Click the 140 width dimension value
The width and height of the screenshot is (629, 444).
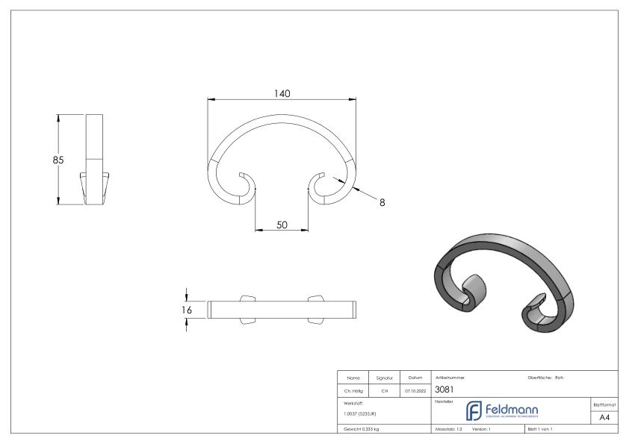tap(281, 93)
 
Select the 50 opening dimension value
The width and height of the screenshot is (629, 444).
tap(282, 224)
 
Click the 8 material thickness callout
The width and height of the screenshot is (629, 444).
tap(382, 201)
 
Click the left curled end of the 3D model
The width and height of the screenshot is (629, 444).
tap(475, 290)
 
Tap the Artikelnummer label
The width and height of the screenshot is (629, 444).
tap(448, 377)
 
